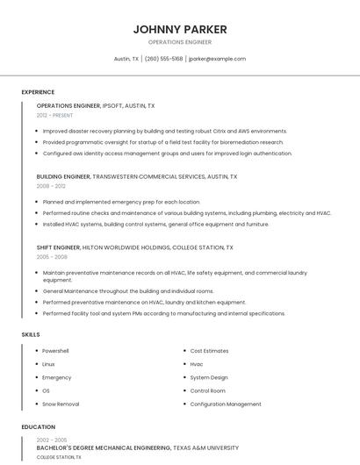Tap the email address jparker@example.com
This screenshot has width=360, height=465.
tap(217, 59)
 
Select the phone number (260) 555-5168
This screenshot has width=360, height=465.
tap(163, 59)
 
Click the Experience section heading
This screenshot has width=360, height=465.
tap(38, 92)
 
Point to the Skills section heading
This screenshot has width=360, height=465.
tap(31, 334)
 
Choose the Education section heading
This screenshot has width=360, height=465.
tap(38, 427)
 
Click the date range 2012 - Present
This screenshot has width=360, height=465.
tap(54, 115)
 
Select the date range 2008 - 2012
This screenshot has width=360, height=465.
tap(51, 186)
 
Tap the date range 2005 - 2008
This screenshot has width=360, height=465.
tap(51, 257)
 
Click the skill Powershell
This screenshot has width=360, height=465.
tap(55, 351)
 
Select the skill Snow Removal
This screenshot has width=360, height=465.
tap(61, 404)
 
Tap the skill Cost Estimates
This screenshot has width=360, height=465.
tap(209, 351)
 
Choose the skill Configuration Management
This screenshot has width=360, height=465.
tap(226, 404)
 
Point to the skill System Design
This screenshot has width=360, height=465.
tap(209, 377)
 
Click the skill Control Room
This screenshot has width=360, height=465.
tap(208, 390)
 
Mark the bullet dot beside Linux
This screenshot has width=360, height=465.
tap(36, 364)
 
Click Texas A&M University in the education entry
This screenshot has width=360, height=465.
tap(205, 447)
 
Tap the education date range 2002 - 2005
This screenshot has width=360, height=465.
tap(52, 439)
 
